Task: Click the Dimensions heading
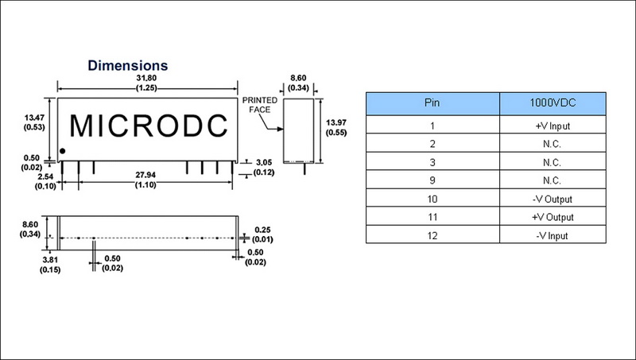tap(126, 64)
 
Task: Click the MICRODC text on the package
tap(149, 125)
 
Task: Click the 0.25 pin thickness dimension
tap(262, 230)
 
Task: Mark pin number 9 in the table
tap(432, 180)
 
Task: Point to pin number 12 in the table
tap(432, 236)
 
